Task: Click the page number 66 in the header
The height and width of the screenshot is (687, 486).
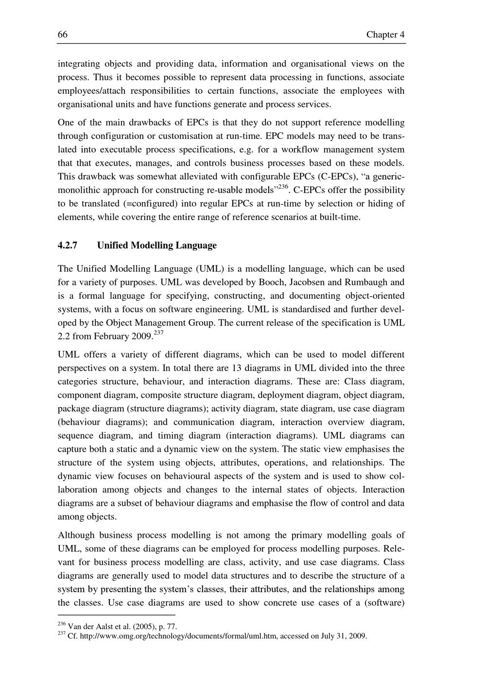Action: point(62,34)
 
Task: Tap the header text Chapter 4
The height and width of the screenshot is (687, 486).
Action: point(385,34)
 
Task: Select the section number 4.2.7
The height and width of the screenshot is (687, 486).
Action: point(68,245)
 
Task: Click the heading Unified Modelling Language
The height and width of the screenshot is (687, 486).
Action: point(157,245)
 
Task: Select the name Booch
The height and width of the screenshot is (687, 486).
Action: point(272,282)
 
